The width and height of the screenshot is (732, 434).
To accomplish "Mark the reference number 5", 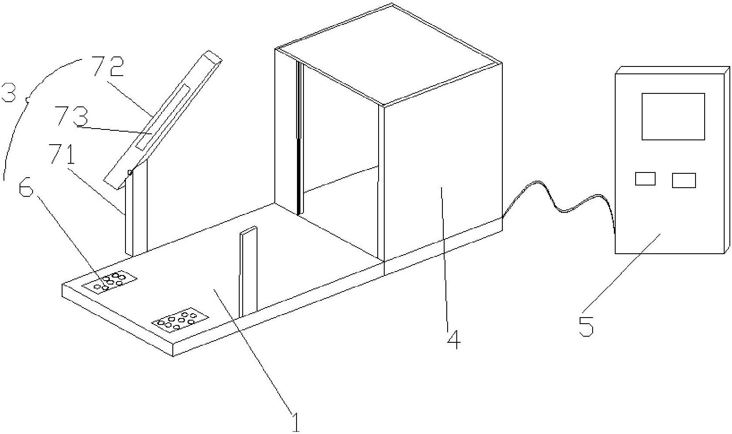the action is click(586, 325).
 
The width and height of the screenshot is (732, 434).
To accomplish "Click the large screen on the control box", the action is click(673, 116).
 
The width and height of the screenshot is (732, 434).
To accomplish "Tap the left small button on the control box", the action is click(645, 179).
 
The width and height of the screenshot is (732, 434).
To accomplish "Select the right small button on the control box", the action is click(684, 180).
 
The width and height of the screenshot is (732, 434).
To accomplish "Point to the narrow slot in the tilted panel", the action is click(163, 117).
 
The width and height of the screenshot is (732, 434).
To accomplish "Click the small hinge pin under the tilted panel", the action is click(129, 173).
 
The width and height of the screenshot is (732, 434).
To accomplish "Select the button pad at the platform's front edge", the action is click(180, 320).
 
